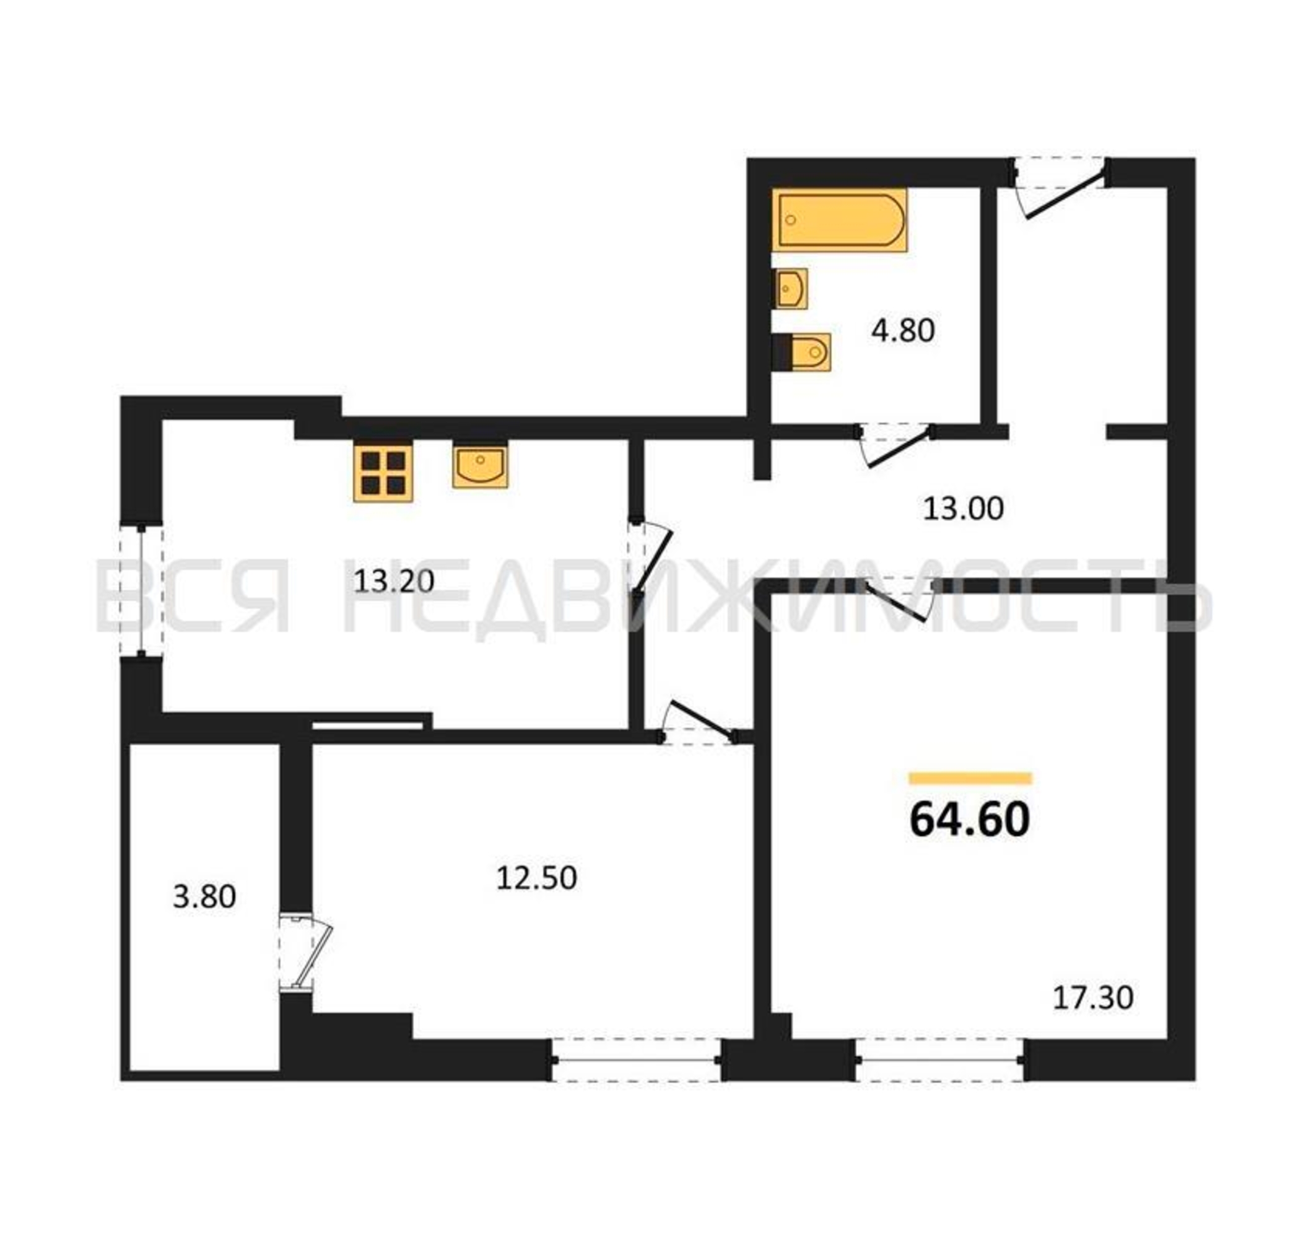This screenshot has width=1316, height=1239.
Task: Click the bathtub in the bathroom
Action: [839, 220]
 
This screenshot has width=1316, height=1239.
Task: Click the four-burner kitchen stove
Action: [383, 473]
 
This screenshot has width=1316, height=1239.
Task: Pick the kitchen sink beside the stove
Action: [481, 466]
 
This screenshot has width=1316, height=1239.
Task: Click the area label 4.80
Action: [903, 330]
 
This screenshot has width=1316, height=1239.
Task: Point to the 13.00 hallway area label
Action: [963, 509]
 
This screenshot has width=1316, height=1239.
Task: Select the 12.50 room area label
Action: [537, 878]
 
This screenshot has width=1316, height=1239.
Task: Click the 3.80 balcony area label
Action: [204, 897]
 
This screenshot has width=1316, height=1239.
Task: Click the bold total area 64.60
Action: [970, 820]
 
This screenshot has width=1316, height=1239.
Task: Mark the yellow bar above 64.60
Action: [970, 778]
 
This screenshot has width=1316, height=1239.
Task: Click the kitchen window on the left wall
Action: [142, 591]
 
